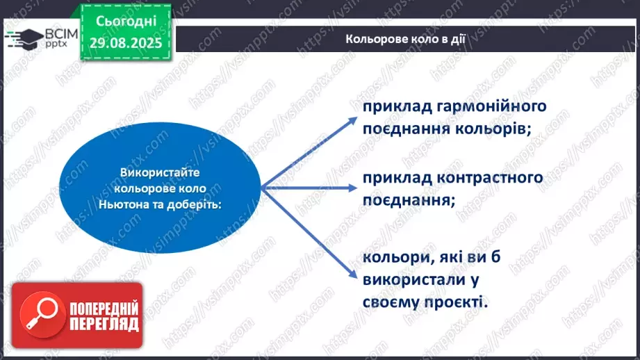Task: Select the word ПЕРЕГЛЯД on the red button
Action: [104, 325]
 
